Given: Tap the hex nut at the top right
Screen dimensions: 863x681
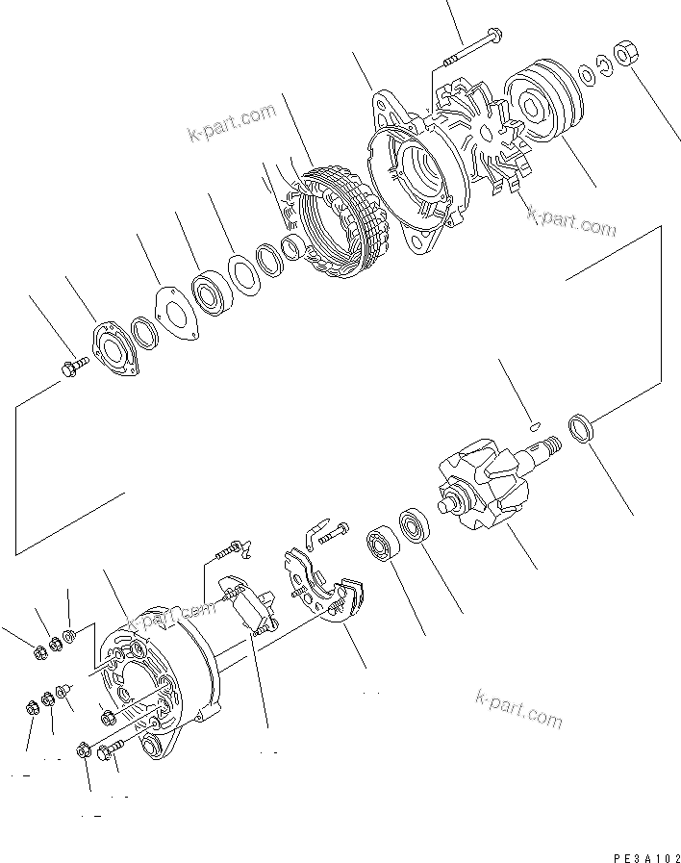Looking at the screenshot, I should click(625, 55).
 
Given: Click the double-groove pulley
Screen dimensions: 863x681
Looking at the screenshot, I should click(541, 99).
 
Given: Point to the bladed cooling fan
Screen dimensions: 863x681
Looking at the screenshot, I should click(478, 135).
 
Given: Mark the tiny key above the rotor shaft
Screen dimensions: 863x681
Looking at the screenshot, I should click(537, 419).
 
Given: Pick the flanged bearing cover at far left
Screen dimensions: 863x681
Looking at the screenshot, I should click(113, 348).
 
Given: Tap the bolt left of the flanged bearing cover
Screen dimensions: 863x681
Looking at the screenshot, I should click(74, 367).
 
